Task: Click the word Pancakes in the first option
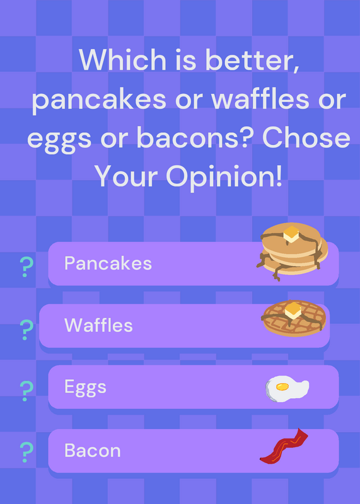click(108, 263)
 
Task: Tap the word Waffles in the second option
click(98, 325)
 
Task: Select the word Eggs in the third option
click(85, 387)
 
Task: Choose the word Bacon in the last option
click(93, 450)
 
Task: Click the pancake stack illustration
click(292, 251)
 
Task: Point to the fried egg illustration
click(287, 389)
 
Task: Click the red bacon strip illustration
click(283, 446)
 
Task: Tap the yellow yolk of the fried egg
click(282, 387)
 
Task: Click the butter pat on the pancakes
click(291, 234)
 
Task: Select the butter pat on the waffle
click(293, 311)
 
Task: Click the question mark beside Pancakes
click(26, 267)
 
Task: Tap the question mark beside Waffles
click(26, 329)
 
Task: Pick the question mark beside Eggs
click(26, 391)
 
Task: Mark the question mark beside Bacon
click(26, 452)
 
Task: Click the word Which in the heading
click(122, 60)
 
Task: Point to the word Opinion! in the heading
click(224, 178)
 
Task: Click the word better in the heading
click(252, 60)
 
